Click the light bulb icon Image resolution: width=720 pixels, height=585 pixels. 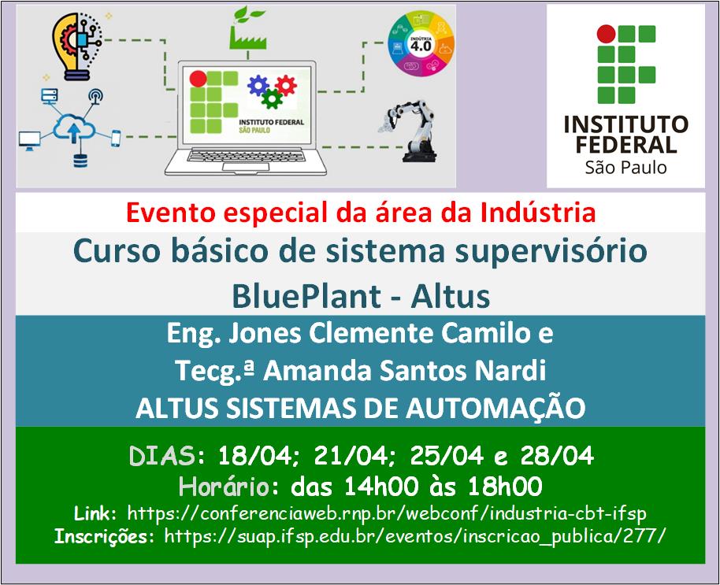tap(76, 46)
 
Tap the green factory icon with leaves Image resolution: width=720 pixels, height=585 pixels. tap(248, 28)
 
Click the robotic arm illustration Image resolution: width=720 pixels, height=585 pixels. tap(410, 131)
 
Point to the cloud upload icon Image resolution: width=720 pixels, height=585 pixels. tap(73, 127)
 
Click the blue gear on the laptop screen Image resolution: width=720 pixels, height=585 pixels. tap(258, 85)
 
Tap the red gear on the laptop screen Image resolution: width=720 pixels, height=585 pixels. tap(286, 85)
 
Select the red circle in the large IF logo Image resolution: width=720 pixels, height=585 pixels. tap(606, 34)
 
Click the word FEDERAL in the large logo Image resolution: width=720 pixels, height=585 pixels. tap(626, 145)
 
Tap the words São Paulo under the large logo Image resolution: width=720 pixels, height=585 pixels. tap(625, 168)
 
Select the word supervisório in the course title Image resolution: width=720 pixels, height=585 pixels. tap(551, 252)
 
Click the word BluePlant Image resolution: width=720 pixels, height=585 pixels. tap(306, 296)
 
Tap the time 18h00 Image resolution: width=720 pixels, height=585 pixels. tap(505, 487)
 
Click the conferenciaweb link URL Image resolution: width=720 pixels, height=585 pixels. tap(387, 513)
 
